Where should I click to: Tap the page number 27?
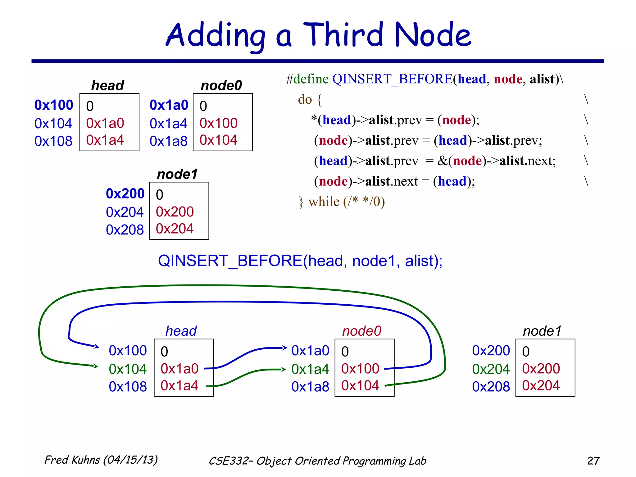(593, 461)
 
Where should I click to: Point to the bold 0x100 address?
(54, 105)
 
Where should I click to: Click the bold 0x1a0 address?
(169, 105)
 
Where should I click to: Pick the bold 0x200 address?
(125, 193)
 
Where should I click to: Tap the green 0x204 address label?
(491, 369)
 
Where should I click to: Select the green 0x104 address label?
(128, 369)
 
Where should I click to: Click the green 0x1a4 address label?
(310, 369)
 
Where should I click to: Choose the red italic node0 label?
(361, 331)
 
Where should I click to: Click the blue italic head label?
(181, 331)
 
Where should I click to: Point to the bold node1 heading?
(177, 174)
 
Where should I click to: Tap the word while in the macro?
(324, 202)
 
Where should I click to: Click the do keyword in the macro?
(305, 99)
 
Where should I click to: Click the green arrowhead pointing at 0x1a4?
(283, 369)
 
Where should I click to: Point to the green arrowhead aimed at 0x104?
(96, 366)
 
